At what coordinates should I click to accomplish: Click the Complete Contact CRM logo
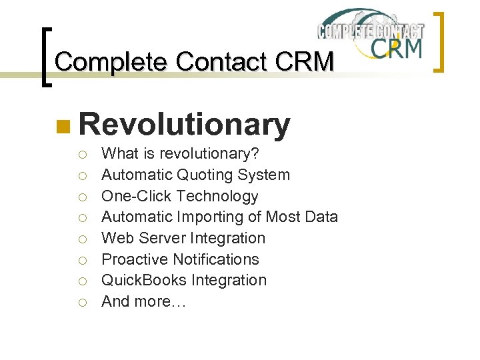tap(371, 35)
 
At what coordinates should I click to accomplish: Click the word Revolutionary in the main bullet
tap(185, 125)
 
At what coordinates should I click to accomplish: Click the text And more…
tap(144, 301)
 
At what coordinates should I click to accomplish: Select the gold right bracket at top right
tap(439, 41)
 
